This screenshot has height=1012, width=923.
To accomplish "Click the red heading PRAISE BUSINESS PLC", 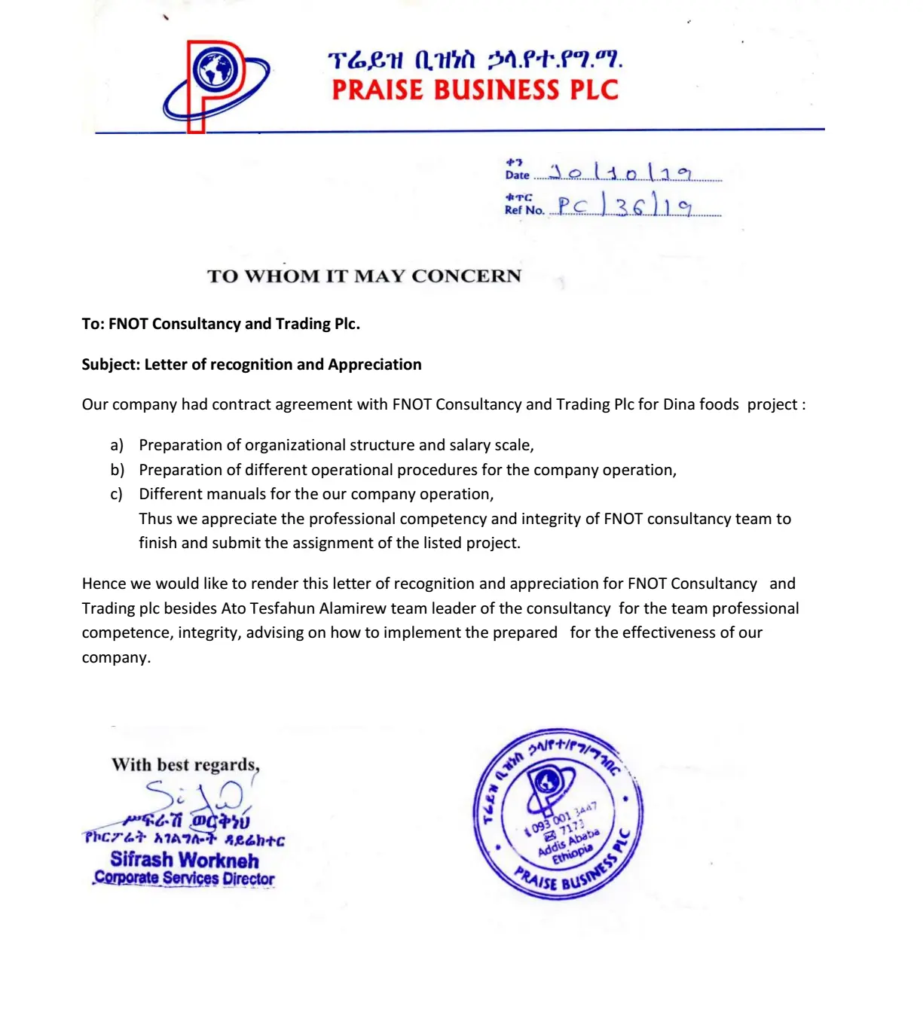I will coord(475,90).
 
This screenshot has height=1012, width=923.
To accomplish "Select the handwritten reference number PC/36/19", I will coord(625,206).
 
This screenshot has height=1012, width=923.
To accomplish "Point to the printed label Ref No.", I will coord(524,210).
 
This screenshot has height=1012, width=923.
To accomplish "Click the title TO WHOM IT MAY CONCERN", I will coord(364,276).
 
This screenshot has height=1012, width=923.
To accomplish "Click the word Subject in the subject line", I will coord(110,364).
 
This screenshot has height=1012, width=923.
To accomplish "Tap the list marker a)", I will coord(117,445).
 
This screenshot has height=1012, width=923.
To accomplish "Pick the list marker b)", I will coord(117,470).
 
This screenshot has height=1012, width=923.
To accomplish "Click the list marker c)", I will coord(116,494).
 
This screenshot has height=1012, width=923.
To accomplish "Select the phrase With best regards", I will coord(185,765).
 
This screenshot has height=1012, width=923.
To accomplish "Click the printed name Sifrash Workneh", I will coord(185,860).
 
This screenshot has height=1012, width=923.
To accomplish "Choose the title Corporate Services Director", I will coord(185,879).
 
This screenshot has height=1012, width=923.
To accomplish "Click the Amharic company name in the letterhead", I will coord(475,60).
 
